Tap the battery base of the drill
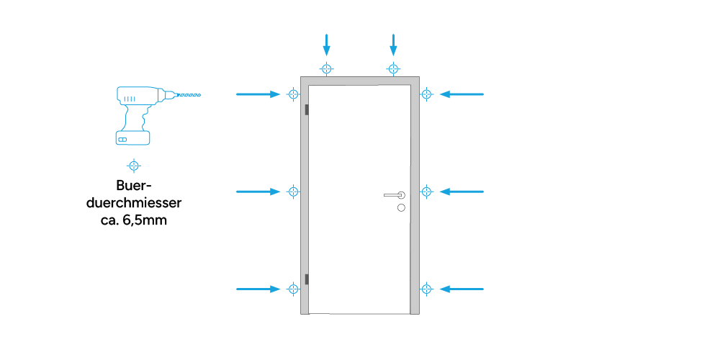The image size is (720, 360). (133, 138)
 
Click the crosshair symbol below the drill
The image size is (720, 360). (134, 166)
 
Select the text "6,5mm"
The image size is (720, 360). (145, 220)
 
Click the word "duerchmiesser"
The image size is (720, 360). (134, 203)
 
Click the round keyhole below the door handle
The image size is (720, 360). (401, 208)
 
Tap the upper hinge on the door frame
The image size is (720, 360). (306, 109)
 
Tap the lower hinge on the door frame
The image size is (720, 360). (306, 279)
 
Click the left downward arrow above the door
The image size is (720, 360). (326, 45)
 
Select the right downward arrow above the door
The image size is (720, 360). (393, 45)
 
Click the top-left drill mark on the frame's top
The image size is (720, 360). (326, 69)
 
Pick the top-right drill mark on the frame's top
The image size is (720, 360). (393, 69)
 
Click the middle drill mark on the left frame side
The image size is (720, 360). (294, 192)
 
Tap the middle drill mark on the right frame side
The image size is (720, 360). (426, 192)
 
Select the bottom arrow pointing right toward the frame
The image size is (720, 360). (258, 289)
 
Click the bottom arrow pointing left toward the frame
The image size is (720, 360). (462, 289)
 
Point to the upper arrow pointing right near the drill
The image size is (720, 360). (258, 94)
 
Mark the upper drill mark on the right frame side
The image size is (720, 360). (426, 94)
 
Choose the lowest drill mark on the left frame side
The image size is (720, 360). (294, 289)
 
